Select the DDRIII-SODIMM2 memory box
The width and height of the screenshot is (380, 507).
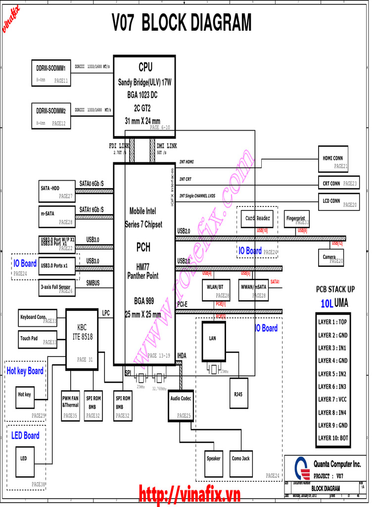pos(51,115)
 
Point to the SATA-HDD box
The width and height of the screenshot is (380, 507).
pos(56,191)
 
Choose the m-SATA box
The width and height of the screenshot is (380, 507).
pos(56,216)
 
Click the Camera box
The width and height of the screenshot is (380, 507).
pos(331,257)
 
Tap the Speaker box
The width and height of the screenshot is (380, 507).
pos(213,462)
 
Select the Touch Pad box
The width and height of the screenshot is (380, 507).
pos(38,339)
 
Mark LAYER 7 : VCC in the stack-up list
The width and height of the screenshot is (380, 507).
pos(332,400)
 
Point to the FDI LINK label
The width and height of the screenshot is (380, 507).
pos(119,146)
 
